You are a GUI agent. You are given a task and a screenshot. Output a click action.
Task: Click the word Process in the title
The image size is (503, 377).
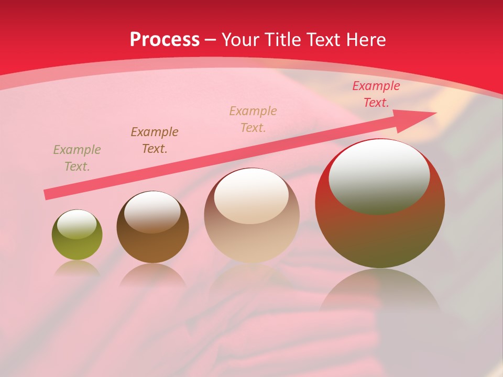[165, 40]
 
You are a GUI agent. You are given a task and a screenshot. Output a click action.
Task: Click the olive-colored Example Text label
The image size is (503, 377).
[77, 158]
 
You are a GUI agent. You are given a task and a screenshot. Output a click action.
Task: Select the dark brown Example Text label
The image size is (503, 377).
[155, 140]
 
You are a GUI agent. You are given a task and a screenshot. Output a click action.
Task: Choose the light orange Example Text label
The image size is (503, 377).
[253, 119]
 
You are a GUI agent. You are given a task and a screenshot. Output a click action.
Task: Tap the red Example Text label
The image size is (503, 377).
[376, 94]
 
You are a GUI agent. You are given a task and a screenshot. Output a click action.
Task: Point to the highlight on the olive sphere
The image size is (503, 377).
[77, 224]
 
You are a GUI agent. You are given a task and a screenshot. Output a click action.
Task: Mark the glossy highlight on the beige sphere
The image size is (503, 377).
[251, 195]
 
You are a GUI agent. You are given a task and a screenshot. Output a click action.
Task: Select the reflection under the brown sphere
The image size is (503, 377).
[152, 275]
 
